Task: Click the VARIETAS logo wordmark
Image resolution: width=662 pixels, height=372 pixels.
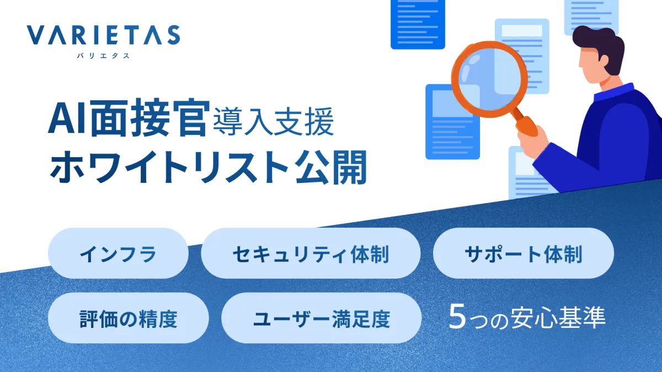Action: pos(103,35)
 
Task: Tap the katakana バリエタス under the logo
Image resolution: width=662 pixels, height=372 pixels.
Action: pos(103,56)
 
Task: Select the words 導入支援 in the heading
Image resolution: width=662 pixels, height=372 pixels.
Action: pos(274,122)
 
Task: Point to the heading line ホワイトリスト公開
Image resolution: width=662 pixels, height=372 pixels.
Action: pos(209,168)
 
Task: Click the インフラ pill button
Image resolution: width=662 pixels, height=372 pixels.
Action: pos(118,253)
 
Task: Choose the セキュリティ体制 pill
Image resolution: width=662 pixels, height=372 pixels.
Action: pos(311,253)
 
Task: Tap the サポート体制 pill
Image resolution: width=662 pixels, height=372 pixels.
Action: pos(524,253)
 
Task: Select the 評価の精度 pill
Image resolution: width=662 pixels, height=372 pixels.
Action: pos(128,318)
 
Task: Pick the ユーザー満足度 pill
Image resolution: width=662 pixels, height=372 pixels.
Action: pos(321,318)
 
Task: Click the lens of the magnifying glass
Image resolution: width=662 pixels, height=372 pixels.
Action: pos(489,79)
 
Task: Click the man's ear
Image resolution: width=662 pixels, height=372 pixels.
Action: pos(602,61)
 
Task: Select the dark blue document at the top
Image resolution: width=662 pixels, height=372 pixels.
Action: pos(418,24)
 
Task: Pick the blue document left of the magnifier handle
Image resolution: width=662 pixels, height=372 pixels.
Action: pos(452,122)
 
